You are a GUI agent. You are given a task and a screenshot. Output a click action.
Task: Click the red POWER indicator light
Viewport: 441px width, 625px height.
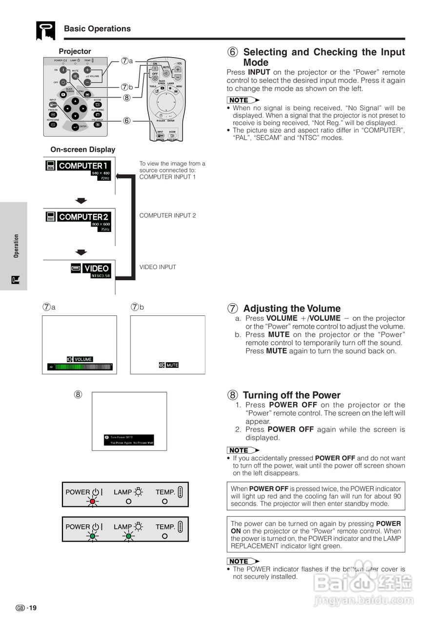93,501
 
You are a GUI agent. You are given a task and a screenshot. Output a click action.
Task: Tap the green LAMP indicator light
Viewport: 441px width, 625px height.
128,536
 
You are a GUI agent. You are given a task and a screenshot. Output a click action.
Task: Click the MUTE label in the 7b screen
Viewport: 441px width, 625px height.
172,365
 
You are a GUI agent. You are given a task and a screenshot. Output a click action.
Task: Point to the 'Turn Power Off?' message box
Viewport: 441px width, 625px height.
129,439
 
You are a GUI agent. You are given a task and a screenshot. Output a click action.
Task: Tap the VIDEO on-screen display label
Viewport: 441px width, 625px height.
96,269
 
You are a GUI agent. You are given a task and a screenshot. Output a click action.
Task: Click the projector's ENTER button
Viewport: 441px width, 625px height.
75,127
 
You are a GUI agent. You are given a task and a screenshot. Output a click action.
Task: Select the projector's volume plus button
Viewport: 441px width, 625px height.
87,70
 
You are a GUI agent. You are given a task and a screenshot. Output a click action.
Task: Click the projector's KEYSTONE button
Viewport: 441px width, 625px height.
53,125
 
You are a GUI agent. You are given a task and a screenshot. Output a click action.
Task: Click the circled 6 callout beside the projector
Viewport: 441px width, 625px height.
126,121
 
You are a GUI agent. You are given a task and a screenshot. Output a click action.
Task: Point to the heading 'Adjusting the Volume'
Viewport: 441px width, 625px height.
292,309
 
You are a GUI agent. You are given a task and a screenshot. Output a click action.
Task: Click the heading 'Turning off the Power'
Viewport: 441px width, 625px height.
292,395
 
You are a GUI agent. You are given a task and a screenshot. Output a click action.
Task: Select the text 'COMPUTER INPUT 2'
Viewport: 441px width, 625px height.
168,215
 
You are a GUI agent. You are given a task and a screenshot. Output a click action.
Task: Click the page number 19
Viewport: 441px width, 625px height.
32,608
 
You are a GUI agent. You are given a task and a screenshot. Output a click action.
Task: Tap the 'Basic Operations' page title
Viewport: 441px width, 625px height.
97,29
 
